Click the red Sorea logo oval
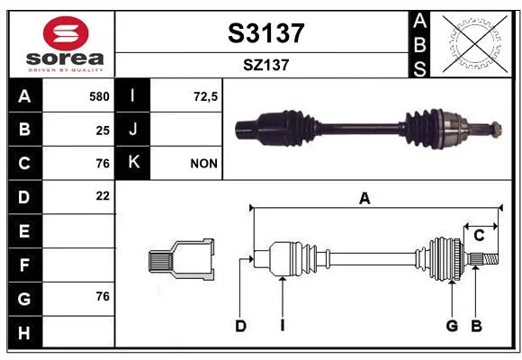pos(66,33)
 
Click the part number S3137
pos(266,33)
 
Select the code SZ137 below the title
pos(266,65)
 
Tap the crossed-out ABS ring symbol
pos(475,44)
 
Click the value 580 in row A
pos(99,96)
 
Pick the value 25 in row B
pos(103,130)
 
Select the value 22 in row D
pos(103,196)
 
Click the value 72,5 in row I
pos(205,97)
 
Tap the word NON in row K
pos(203,164)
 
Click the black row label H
pos(25,332)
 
